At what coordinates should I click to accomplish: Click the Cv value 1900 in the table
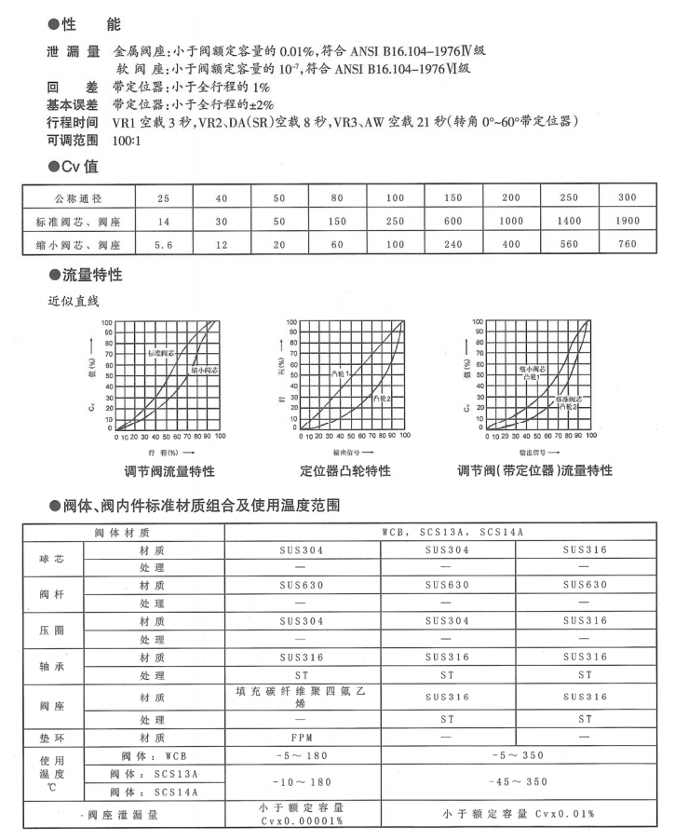627,221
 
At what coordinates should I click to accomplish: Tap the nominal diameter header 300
627,197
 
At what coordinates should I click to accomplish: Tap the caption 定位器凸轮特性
345,470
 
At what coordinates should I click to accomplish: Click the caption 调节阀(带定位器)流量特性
535,470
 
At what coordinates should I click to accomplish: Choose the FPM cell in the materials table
300,736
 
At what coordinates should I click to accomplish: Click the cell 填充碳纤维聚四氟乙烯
300,698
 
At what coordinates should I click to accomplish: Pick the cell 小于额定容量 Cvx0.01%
516,814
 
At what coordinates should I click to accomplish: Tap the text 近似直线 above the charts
74,301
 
